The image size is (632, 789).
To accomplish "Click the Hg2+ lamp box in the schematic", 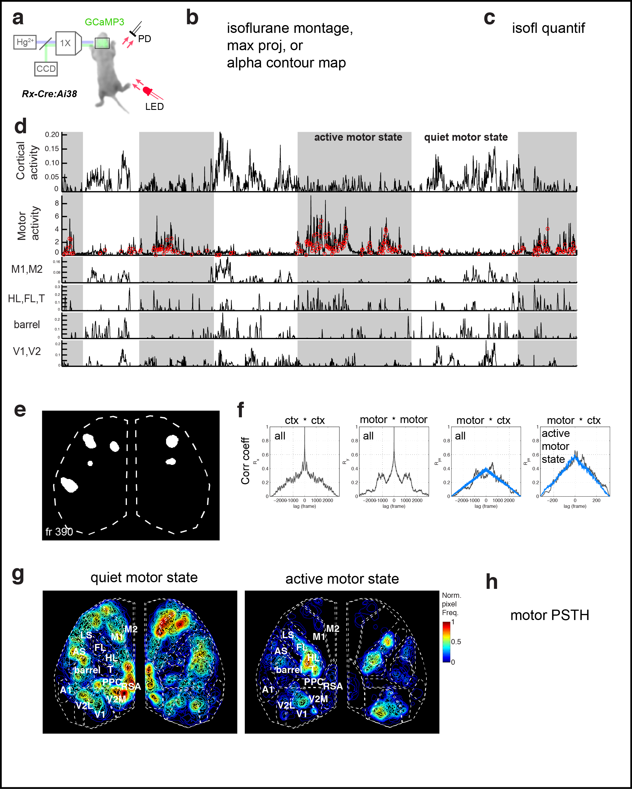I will (25, 42).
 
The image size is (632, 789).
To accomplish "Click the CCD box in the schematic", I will (46, 69).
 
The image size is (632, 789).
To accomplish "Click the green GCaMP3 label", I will (104, 22).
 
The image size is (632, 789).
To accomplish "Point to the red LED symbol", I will (148, 90).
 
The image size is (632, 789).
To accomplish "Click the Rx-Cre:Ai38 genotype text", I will (49, 94).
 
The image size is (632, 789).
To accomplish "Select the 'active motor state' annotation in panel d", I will (358, 137).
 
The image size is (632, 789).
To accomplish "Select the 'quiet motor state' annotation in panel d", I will (465, 137).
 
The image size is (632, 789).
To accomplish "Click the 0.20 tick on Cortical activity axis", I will (52, 135).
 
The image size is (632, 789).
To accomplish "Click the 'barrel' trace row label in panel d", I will (27, 325).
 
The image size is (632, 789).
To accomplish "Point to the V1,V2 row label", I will (27, 351).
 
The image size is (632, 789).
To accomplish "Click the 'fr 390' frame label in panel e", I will (59, 532).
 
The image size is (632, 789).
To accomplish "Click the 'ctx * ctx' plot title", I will (304, 420).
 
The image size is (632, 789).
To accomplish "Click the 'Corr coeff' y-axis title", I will (245, 461).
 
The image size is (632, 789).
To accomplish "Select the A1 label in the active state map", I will (268, 690).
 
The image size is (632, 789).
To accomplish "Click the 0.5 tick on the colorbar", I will (456, 642).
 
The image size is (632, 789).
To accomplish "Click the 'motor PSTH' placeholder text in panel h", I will (549, 615).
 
